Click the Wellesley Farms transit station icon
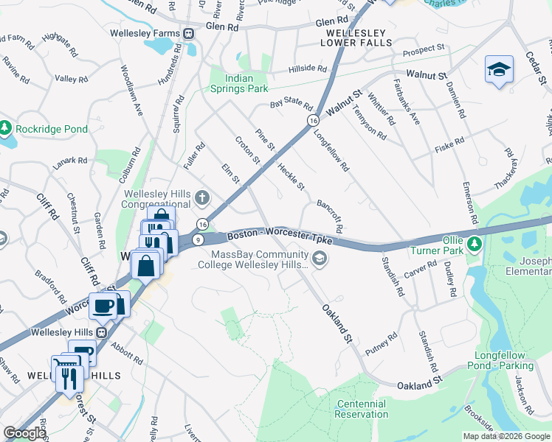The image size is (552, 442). coord(189,33)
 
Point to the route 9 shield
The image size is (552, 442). coord(198,239)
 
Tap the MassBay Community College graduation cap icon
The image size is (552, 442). coord(319,257)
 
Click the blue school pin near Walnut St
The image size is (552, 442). coord(499,71)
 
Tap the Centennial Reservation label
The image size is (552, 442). coord(362,409)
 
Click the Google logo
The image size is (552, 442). coord(24,433)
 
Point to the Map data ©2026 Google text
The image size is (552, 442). coord(506,436)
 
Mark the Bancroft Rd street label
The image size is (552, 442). coord(329,213)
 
